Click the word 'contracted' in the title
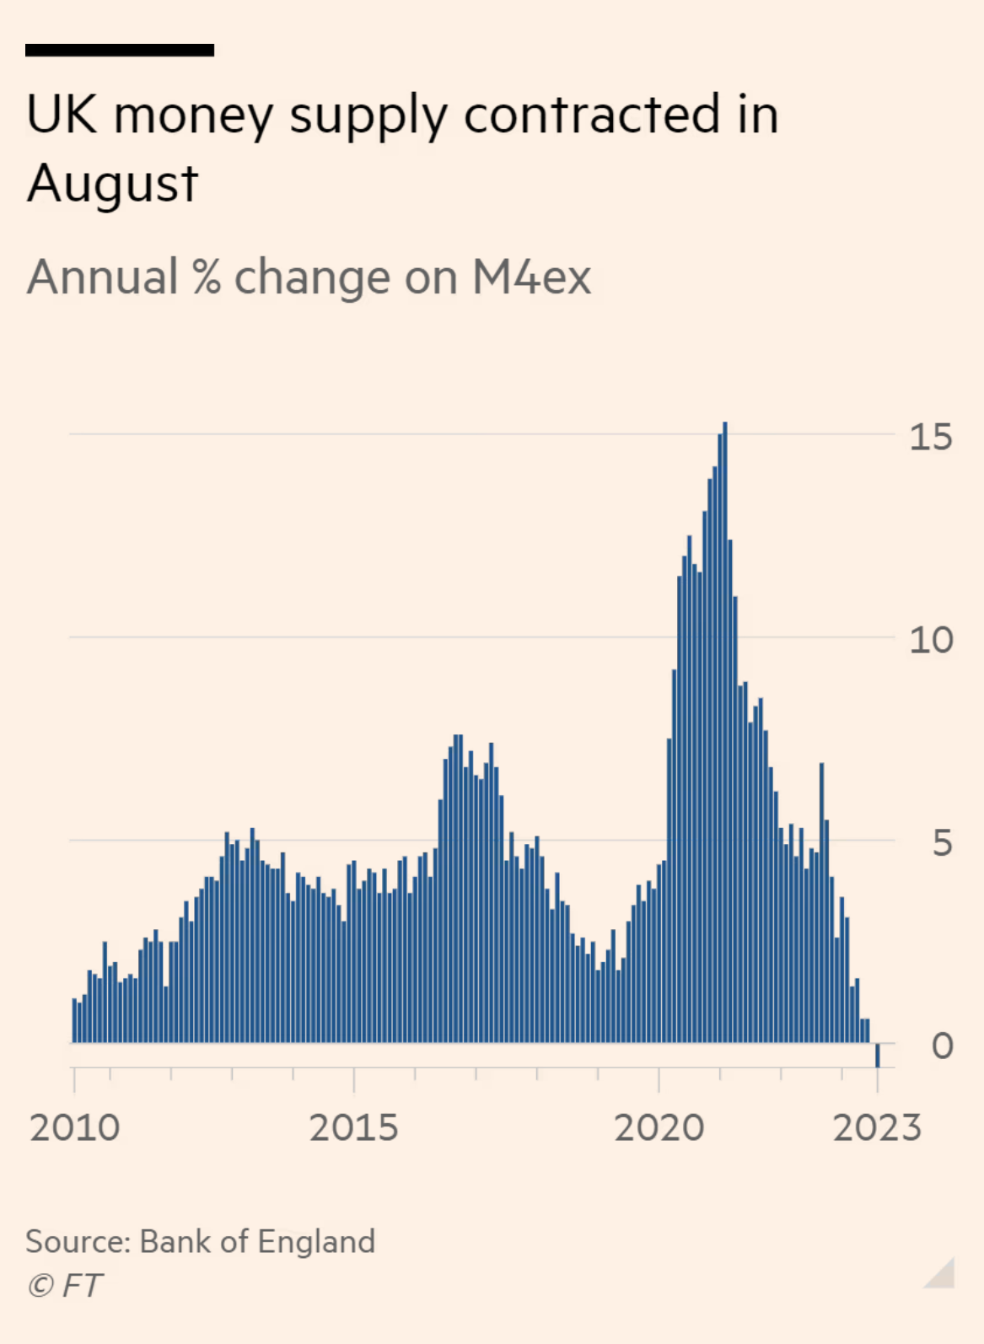592,115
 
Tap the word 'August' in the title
112,184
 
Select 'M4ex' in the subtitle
531,277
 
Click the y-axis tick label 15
930,438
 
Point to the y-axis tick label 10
930,641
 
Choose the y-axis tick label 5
942,843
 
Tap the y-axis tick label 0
942,1046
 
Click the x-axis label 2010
74,1128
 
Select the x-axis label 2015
353,1128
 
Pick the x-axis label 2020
659,1128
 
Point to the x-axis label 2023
877,1128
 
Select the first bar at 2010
75,1021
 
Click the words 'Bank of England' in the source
257,1241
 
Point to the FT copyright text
65,1286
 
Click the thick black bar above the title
120,51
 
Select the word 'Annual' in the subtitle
103,277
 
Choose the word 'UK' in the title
62,115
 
